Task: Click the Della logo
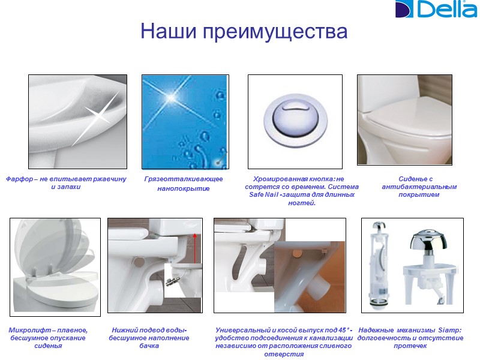click(x=436, y=9)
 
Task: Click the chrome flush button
click(x=295, y=121)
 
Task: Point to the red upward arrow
click(x=194, y=248)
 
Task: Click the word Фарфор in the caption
click(x=19, y=179)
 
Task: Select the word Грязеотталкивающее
click(x=184, y=179)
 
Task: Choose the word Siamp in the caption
click(x=448, y=331)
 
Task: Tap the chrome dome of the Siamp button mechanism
click(x=428, y=239)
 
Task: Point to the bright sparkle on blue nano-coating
click(x=171, y=98)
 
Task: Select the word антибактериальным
click(x=419, y=187)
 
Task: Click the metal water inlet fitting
click(x=173, y=281)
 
